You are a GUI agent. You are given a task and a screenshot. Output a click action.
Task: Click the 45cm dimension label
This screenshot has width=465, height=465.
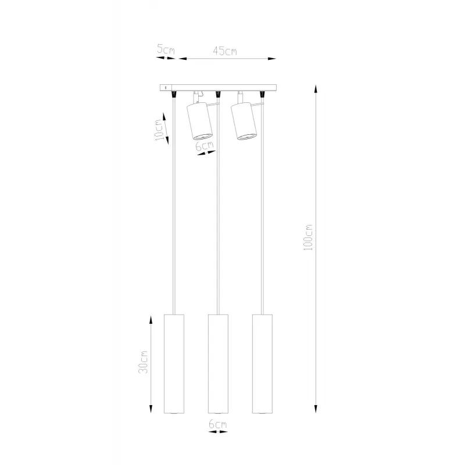pos(225,51)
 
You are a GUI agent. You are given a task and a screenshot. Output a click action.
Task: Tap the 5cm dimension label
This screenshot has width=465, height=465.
pos(166,49)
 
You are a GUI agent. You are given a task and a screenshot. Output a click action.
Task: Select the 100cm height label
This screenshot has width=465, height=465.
pos(308,238)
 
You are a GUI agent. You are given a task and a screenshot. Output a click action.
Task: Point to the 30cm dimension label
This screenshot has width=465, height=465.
pos(143,362)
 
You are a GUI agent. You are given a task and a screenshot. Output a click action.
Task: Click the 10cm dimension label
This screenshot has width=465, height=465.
pos(159,130)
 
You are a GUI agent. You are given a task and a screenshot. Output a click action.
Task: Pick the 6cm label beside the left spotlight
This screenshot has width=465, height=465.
pos(205,146)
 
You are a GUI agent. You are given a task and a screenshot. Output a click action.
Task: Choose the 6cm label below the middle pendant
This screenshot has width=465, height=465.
pos(217,424)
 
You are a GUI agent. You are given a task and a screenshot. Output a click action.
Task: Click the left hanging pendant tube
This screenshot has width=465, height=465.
pos(174,364)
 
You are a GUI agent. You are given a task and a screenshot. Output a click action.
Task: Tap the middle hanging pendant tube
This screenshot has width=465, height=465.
pos(219,364)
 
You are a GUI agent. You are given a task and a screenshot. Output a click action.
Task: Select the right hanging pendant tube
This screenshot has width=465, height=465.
pos(263,364)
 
